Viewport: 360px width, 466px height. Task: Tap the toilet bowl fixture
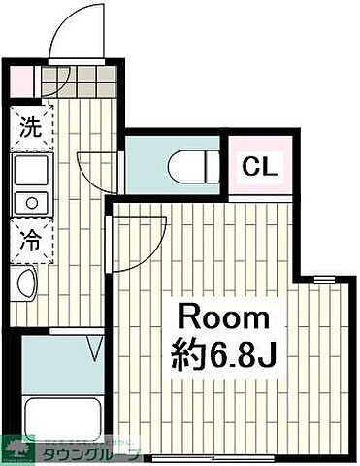194,168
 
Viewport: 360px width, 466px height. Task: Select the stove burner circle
30,203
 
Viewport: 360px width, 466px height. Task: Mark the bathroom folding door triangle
94,345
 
